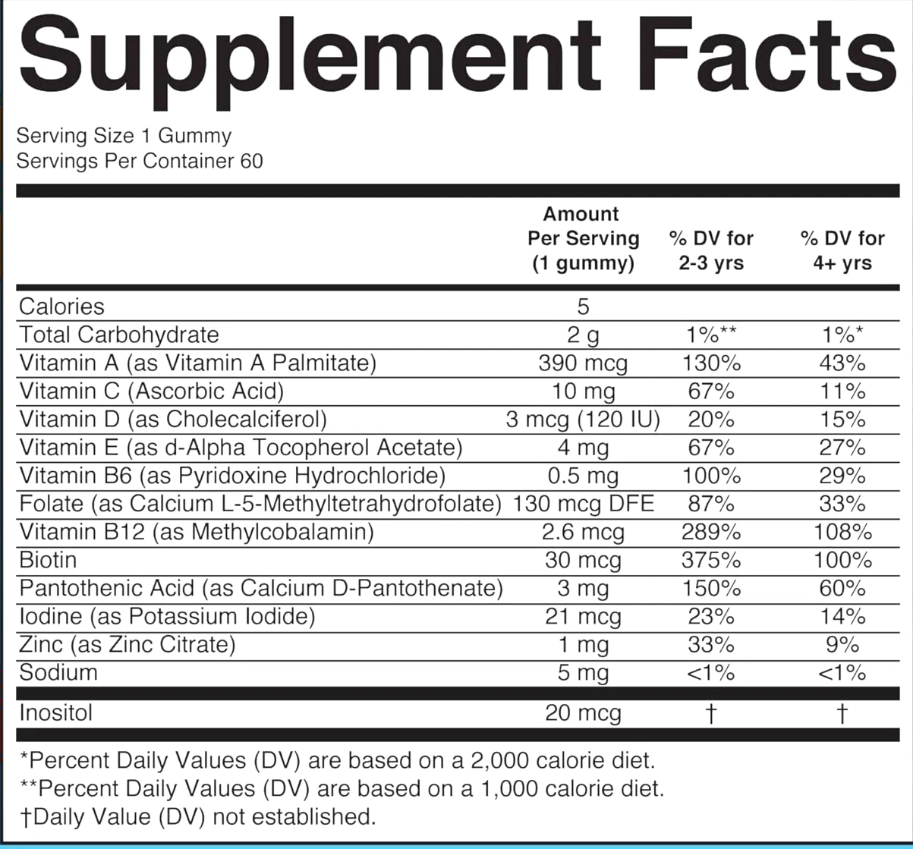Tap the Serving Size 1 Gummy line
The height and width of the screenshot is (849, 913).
point(124,137)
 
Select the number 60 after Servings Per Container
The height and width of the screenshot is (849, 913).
point(250,161)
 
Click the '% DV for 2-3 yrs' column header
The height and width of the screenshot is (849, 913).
point(711,250)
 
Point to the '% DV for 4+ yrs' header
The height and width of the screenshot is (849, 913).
point(842,250)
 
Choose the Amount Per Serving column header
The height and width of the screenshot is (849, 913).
point(583,238)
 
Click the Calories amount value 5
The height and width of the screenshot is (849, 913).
point(583,307)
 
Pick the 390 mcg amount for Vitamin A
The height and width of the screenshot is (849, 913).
point(583,363)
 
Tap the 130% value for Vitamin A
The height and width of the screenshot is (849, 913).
point(711,363)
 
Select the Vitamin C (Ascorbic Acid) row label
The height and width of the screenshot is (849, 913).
point(151,391)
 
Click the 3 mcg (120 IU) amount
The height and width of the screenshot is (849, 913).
point(583,420)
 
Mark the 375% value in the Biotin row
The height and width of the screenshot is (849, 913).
point(711,561)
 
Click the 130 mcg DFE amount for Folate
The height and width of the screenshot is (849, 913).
point(583,504)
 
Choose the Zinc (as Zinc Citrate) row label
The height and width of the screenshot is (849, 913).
point(127,644)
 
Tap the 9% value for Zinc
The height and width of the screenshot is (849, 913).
point(842,645)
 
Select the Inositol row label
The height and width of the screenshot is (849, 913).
point(56,713)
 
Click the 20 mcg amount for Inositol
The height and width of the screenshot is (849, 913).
point(583,713)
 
